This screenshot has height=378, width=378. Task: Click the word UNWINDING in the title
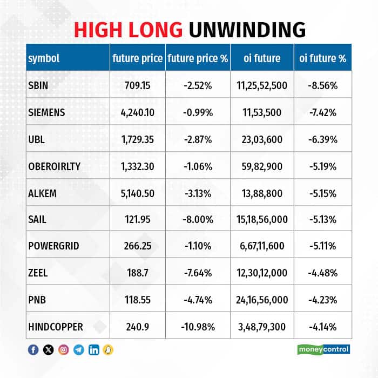coord(247,30)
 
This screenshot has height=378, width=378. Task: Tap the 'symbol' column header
coord(44,58)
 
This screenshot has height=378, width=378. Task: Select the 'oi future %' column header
coord(322,58)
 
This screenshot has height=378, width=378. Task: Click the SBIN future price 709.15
coord(137,85)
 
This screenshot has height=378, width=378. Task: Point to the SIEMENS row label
coord(46,112)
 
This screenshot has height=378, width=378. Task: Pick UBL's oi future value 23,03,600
coord(262,139)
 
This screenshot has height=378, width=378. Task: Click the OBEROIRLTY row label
coord(54,166)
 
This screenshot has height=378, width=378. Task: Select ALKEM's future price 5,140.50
coord(137,193)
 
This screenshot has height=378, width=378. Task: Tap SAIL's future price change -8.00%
coord(198,220)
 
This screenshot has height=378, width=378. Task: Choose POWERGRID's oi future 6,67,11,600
coord(262,246)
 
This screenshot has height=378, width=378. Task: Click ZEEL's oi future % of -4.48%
coord(322,273)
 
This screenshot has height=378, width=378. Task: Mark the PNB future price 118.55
coord(137,300)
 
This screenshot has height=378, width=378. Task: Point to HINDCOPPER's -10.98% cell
coord(198,327)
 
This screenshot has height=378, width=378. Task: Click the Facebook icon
coord(33,349)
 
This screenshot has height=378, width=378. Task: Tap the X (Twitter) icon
coord(48,349)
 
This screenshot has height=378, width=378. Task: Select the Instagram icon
coord(63,349)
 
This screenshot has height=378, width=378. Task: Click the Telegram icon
coord(79,349)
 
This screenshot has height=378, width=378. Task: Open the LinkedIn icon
coord(94,349)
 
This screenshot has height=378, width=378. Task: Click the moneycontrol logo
coord(323,349)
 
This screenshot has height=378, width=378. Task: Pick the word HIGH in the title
coord(98,30)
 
